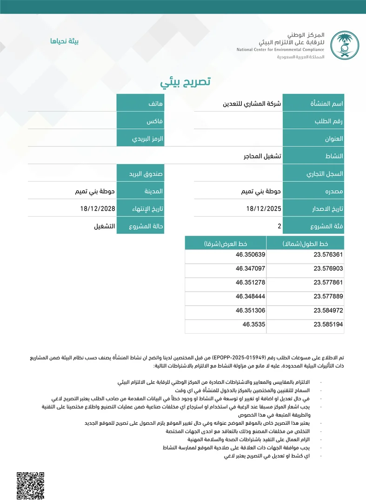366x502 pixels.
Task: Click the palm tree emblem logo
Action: tap(345, 45)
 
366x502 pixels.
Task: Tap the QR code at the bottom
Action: tap(31, 486)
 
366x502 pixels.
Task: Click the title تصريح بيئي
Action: tap(186, 82)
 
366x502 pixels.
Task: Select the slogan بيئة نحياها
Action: tap(64, 41)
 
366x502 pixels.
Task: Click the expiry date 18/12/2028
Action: tap(97, 209)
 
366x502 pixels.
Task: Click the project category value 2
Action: tap(279, 226)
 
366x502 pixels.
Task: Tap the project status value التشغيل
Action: tap(104, 226)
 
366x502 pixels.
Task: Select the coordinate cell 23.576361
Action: tap(328, 255)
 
